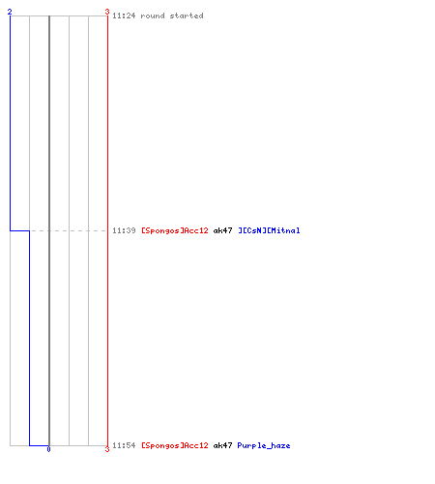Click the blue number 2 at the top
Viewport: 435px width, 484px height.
pos(10,12)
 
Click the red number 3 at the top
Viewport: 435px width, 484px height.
pos(107,12)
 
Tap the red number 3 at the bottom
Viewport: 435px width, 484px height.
pos(107,449)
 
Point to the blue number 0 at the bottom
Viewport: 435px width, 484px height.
pos(48,449)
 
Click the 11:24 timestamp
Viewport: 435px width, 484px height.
pos(124,15)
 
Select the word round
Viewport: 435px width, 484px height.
pos(153,15)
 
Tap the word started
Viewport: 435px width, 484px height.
pos(187,15)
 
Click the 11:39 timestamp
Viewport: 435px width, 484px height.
pos(124,230)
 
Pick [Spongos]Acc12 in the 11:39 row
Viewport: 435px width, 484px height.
pos(175,230)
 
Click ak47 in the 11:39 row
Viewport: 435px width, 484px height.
pos(222,230)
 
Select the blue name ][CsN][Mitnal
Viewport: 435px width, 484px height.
pos(269,230)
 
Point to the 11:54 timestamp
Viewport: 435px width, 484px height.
pos(124,445)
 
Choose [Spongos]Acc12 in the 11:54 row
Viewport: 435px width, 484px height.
pos(175,445)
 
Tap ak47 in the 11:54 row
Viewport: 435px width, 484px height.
pos(222,445)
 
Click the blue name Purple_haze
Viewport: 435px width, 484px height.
pos(264,445)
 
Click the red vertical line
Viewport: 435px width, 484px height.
pos(107,230)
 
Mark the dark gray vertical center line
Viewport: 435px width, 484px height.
pos(49,230)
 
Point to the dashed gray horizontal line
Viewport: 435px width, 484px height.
pos(69,230)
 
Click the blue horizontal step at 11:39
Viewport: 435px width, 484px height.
pos(19,230)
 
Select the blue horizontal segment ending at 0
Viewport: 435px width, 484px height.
pos(39,445)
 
